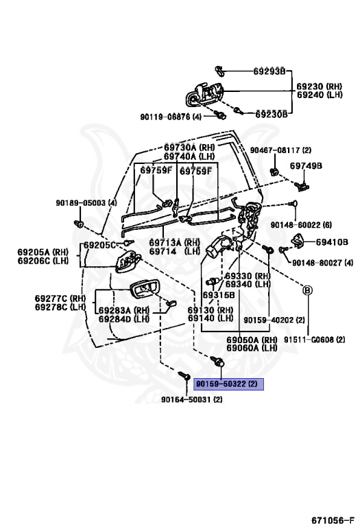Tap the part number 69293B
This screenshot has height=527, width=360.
[x=269, y=71]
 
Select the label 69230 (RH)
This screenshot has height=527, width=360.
[x=319, y=86]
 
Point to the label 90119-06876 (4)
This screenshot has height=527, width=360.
[x=171, y=117]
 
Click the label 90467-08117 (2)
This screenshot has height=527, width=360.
[x=280, y=150]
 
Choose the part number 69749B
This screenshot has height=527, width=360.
[x=306, y=165]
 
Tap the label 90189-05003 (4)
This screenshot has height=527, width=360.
[x=86, y=203]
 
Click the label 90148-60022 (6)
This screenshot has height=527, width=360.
[x=301, y=225]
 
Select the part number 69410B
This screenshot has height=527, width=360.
[x=332, y=242]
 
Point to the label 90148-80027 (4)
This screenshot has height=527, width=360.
[x=322, y=263]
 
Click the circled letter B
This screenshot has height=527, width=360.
[x=307, y=290]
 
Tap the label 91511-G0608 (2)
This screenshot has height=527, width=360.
[x=314, y=340]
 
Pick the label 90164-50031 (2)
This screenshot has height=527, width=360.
[x=191, y=399]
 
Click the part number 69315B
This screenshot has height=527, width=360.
[x=218, y=295]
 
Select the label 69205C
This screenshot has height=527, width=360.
[x=99, y=245]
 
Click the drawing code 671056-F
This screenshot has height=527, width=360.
[x=333, y=521]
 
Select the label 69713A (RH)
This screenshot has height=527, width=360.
[x=174, y=242]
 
